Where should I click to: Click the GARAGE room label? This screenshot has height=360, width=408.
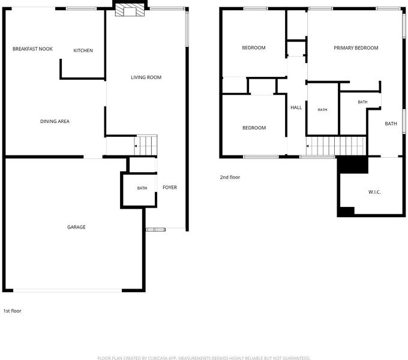76,227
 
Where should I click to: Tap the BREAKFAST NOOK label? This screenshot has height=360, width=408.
32,49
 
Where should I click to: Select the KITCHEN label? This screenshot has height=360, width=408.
83,50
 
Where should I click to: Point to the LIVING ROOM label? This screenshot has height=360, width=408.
146,77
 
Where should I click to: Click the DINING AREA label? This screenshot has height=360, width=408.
55,121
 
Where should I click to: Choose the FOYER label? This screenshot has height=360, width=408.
170,187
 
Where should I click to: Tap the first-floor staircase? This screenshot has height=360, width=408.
145,145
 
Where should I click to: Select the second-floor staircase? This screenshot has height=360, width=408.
336,146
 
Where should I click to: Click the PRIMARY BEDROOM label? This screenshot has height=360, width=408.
356,48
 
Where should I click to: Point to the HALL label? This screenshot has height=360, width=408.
296,107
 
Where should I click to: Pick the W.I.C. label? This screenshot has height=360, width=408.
374,192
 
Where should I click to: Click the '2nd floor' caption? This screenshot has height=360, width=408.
230,177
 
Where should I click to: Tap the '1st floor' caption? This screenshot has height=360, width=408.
12,311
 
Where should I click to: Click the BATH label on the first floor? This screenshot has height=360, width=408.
142,188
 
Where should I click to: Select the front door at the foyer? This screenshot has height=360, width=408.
155,229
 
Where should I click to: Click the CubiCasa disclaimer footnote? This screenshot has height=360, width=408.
204,358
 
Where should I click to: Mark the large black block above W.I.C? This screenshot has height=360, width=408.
353,165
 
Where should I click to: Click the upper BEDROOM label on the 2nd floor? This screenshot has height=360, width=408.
254,47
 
